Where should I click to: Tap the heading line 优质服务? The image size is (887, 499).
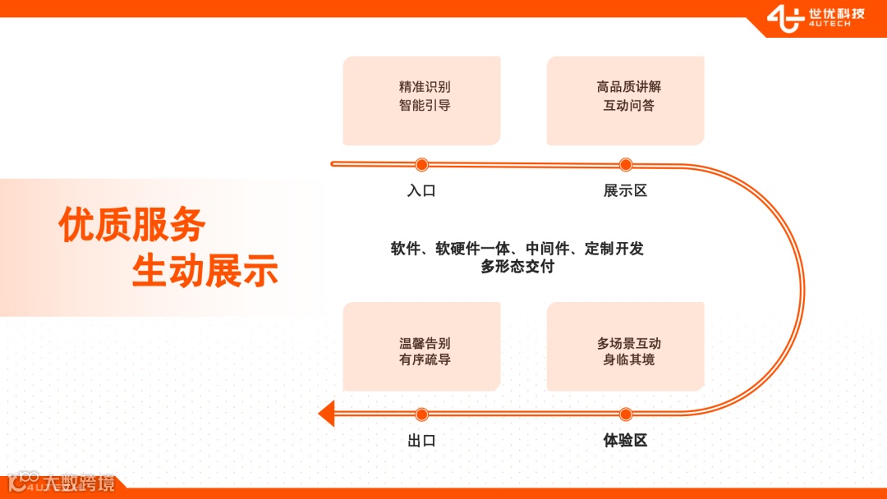[131, 224]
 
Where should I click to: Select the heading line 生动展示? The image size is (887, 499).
[205, 271]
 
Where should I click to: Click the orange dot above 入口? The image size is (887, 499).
[421, 164]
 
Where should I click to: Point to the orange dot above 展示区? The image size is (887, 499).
[625, 164]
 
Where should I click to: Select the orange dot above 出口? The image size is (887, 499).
[421, 414]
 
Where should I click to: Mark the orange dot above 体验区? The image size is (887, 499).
[625, 414]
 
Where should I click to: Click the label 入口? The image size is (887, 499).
[421, 191]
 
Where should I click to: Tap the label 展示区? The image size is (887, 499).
[625, 191]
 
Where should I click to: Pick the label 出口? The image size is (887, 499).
[421, 441]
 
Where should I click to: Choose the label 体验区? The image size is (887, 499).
[625, 441]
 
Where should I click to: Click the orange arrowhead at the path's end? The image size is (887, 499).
[327, 413]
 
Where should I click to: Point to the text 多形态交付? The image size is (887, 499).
[517, 266]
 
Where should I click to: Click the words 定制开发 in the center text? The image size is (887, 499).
[614, 249]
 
